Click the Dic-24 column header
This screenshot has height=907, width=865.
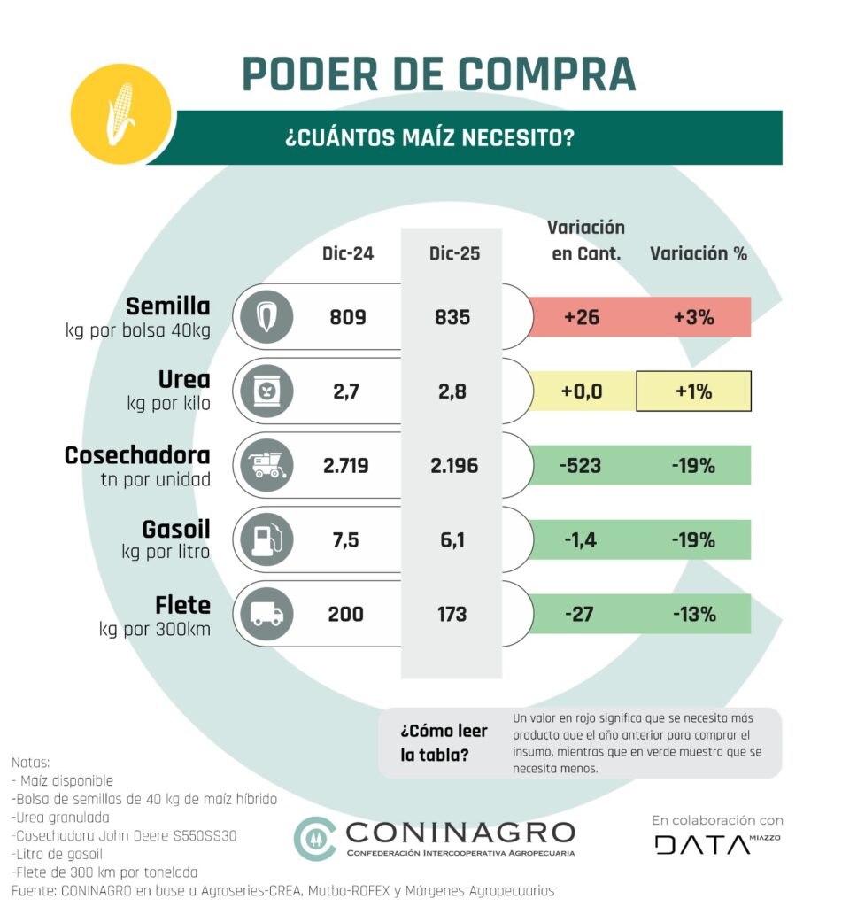pos(347,253)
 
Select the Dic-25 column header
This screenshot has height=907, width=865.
pos(453,253)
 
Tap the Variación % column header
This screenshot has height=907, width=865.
pos(699,253)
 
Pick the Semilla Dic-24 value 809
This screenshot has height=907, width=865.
pos(347,316)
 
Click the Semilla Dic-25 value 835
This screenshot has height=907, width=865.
pos(452,316)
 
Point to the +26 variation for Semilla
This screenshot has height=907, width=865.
pos(582,317)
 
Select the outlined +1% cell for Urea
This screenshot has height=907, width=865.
pos(693,391)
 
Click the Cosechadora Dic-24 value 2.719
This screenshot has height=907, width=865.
pos(346,465)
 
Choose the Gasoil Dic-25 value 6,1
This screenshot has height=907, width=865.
pos(452,539)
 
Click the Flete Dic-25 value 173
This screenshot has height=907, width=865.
pos(452,613)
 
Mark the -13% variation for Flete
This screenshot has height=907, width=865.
pos(693,614)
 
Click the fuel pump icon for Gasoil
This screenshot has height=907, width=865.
pos(266,539)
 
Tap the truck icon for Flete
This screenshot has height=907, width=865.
pos(266,614)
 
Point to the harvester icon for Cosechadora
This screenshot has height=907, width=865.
pos(266,465)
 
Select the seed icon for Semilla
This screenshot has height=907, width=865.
pos(266,317)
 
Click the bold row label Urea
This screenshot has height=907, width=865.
pos(184,380)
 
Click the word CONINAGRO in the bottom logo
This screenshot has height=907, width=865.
pos(460,832)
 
